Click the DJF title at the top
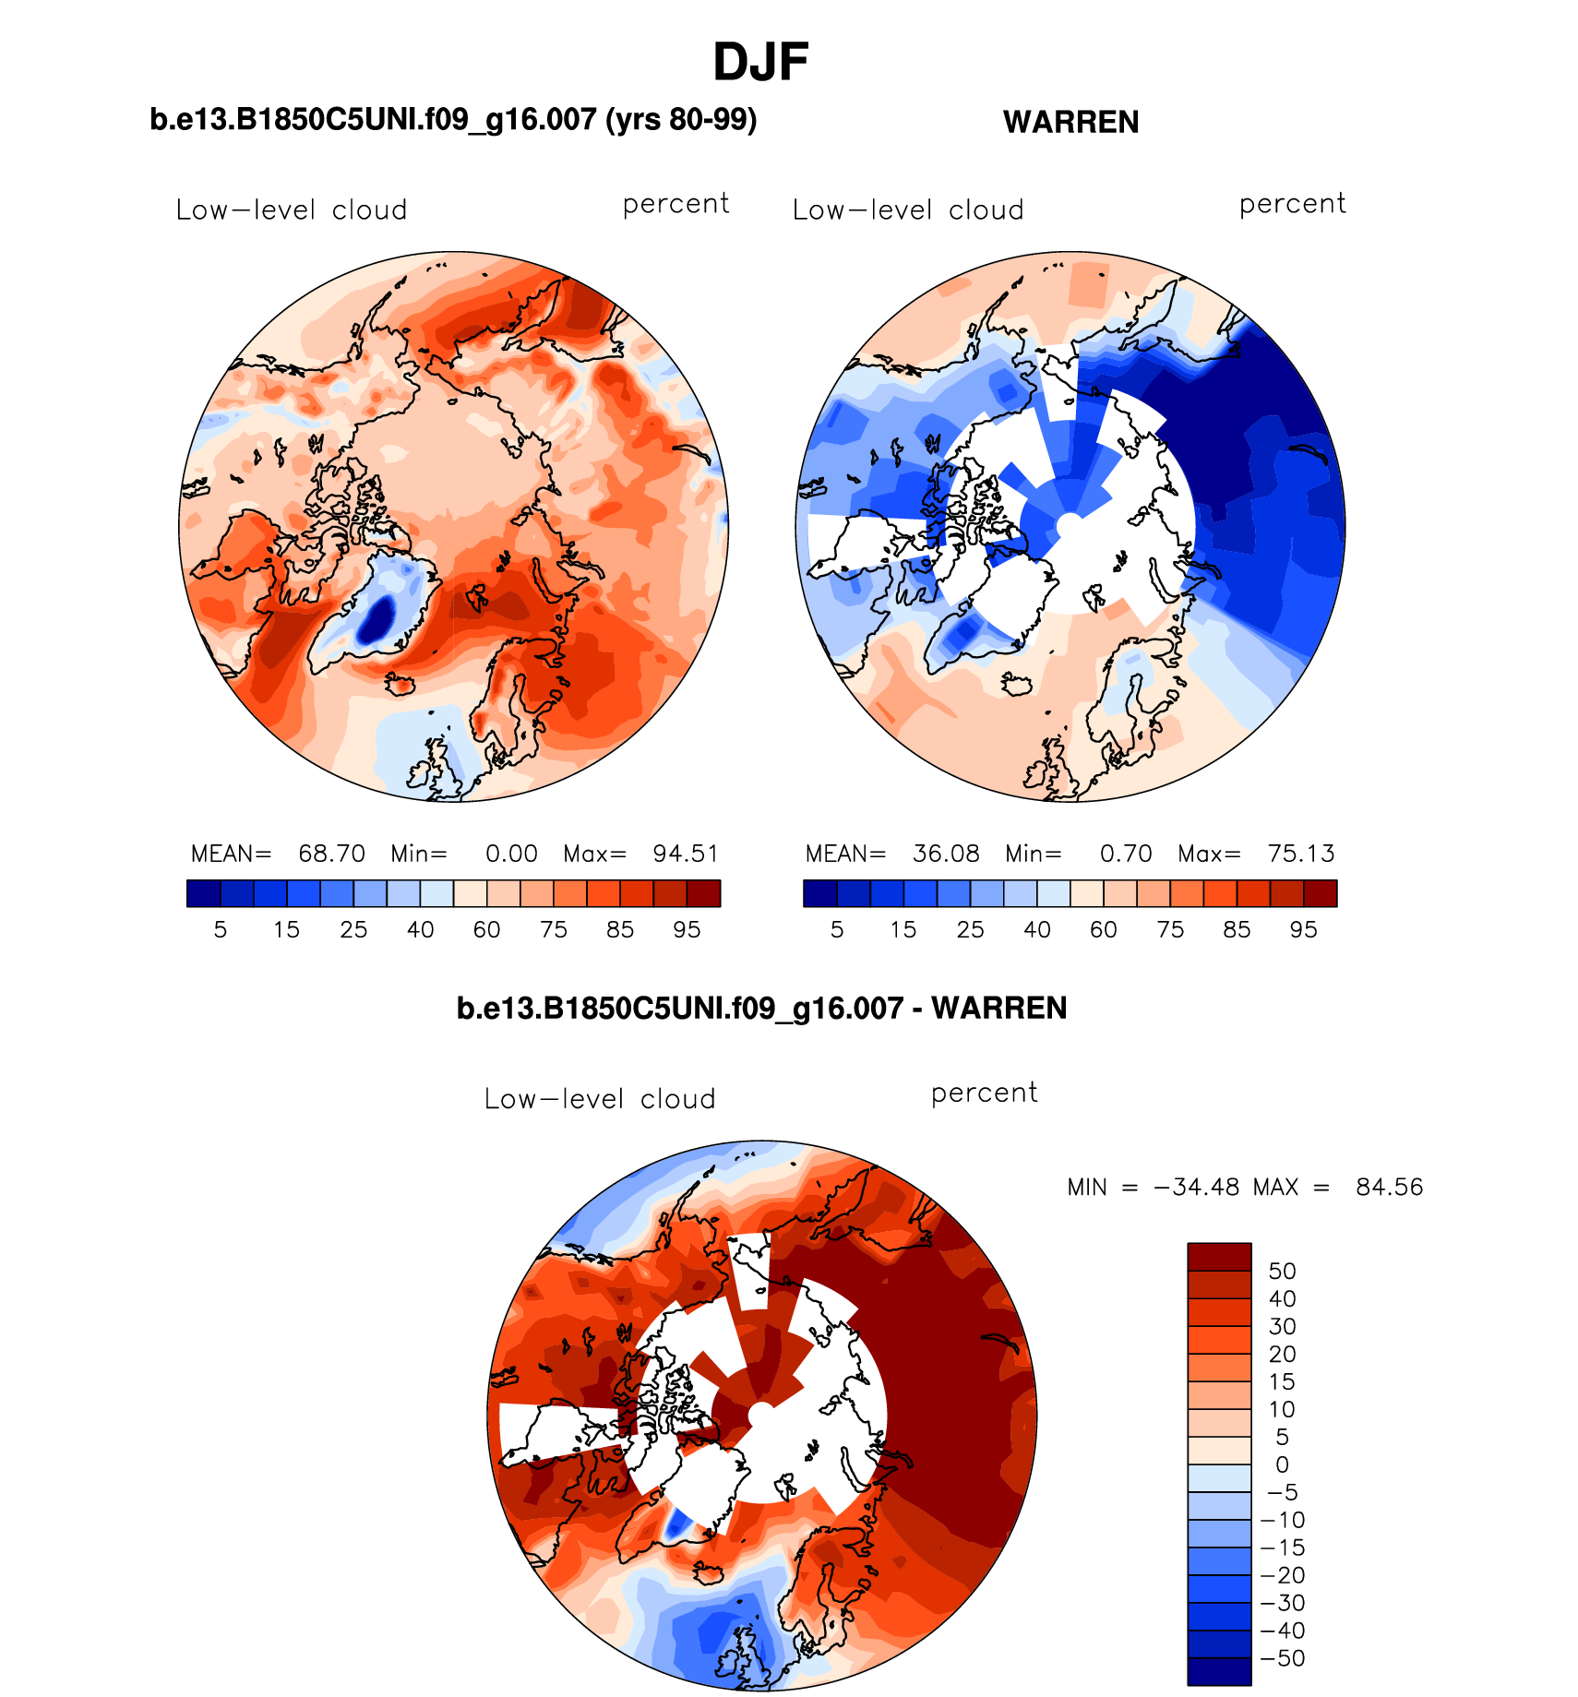[760, 63]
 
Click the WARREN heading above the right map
[1070, 122]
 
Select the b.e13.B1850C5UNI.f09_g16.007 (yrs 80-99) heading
[453, 120]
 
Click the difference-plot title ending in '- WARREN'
[761, 1008]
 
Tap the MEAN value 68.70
[331, 854]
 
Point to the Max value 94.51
[686, 854]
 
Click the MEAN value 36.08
[946, 854]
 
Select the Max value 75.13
[1301, 854]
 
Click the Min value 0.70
[1126, 854]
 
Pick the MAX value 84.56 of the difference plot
[1389, 1187]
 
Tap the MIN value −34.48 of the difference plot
[1196, 1187]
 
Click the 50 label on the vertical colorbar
[1282, 1271]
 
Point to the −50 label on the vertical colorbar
[1282, 1658]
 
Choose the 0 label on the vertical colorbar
[1282, 1464]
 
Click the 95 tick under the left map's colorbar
[687, 929]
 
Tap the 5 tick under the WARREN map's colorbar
[837, 929]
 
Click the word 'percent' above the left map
[675, 204]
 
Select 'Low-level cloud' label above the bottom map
[600, 1099]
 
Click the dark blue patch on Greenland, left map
[377, 619]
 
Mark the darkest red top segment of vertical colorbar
[1219, 1257]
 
